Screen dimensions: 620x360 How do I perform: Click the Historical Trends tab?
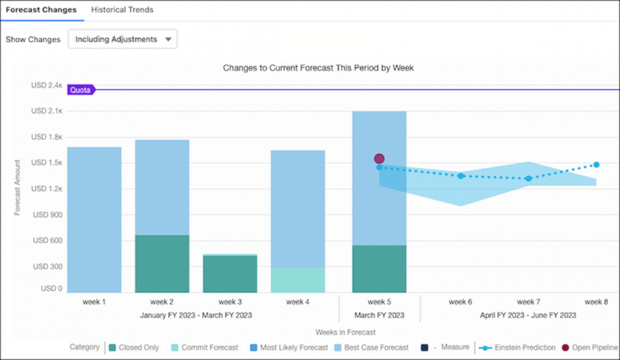click(122, 9)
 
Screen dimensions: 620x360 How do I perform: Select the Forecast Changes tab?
click(41, 9)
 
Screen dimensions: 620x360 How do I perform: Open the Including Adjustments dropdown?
click(123, 39)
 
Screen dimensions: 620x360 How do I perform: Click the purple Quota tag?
click(81, 90)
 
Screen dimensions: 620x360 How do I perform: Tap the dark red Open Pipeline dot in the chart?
click(379, 159)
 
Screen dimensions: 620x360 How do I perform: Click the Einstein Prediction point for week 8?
click(596, 165)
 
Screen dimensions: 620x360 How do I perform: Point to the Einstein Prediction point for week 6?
click(461, 176)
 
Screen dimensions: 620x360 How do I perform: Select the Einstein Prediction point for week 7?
click(529, 178)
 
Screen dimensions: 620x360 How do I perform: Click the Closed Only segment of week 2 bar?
click(162, 264)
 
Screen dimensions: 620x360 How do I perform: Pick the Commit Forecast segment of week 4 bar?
click(298, 280)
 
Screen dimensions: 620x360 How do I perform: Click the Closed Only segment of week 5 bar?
click(379, 269)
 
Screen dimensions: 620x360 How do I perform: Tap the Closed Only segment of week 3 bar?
click(230, 274)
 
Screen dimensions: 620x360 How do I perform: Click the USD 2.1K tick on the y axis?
click(46, 111)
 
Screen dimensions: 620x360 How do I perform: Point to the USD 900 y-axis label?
click(48, 214)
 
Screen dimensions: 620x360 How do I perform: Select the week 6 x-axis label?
click(460, 302)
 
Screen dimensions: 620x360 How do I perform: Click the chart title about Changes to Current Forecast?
click(318, 68)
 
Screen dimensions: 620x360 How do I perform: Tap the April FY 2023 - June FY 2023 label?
click(528, 315)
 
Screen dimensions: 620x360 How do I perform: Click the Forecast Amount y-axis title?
click(17, 187)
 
